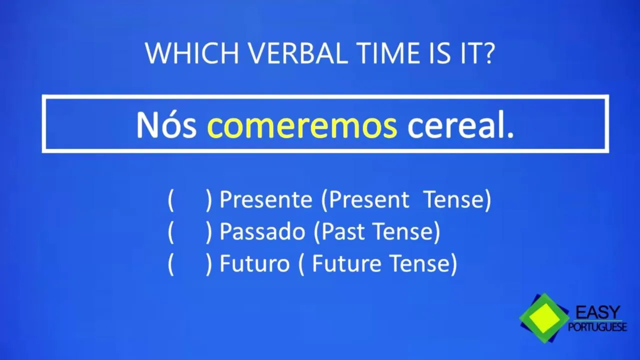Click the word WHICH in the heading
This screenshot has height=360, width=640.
point(192,53)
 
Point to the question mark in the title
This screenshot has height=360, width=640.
point(488,53)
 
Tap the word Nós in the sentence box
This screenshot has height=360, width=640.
point(166,124)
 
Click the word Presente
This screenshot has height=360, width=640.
point(265,199)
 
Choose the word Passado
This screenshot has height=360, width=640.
point(262,231)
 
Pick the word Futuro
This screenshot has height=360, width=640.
point(254,263)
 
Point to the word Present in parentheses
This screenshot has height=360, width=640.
point(369,199)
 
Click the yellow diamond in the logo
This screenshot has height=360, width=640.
point(544,318)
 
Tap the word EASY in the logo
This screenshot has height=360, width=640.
point(597,312)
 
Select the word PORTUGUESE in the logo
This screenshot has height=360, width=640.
point(597,326)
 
